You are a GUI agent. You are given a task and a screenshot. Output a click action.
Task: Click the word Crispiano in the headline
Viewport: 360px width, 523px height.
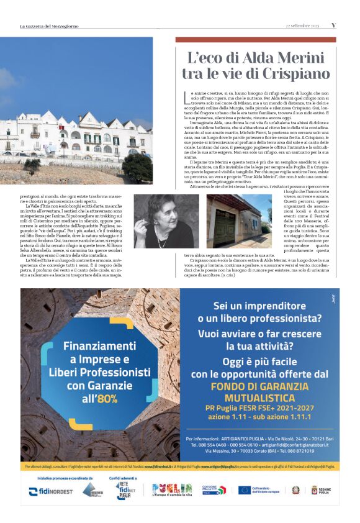(x=294, y=73)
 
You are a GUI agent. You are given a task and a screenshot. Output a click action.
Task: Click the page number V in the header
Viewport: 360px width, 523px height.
(x=333, y=25)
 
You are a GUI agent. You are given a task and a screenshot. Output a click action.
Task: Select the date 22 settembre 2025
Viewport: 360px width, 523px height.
(x=302, y=25)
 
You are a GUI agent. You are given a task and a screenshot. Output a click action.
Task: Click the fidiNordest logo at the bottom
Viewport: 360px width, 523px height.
(x=50, y=491)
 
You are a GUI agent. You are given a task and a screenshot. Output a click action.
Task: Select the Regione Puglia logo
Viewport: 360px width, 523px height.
(x=322, y=490)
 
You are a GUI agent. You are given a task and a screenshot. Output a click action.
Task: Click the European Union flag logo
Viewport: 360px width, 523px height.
(x=245, y=490)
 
